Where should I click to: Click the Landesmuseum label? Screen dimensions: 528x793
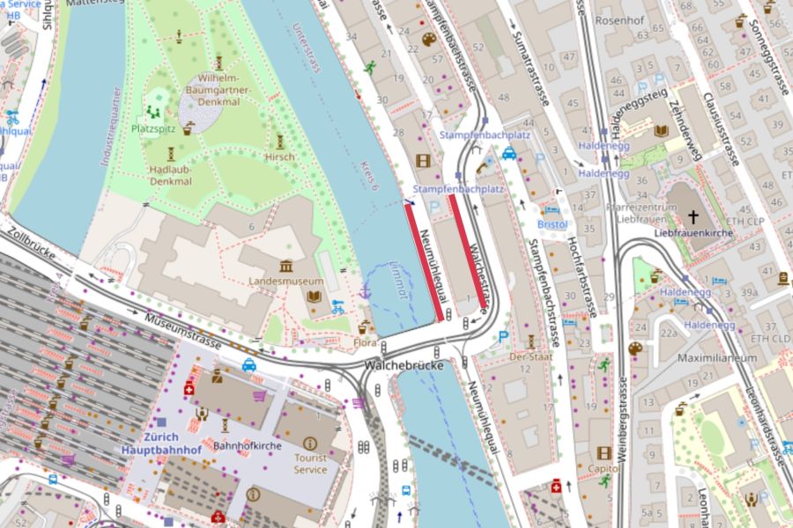pos(285,282)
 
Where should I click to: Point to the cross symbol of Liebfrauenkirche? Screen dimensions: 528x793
pos(693,216)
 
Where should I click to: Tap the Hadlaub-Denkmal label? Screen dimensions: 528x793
pos(171,174)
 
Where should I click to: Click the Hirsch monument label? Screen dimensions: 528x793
pos(279,157)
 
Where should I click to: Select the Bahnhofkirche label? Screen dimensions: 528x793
pos(247,446)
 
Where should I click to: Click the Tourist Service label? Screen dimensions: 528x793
pos(310,463)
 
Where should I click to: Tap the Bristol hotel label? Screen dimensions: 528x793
pos(552,224)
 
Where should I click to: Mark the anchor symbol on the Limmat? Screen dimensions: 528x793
pos(364,289)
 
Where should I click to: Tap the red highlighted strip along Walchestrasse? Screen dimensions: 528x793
pos(469,251)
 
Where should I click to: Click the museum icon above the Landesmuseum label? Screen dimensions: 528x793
pos(285,266)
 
